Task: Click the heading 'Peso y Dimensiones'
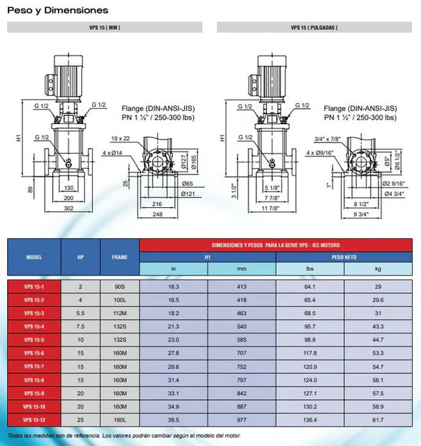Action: [57, 10]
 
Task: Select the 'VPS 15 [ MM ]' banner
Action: [104, 28]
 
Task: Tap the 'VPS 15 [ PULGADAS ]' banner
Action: [314, 28]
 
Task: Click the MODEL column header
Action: [34, 257]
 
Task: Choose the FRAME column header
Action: [120, 257]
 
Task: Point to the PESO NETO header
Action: [344, 257]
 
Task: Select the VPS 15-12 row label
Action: [33, 420]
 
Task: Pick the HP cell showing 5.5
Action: [80, 313]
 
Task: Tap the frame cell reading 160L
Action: [120, 420]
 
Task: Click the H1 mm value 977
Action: [241, 420]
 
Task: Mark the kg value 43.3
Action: [378, 326]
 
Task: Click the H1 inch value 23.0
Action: [173, 340]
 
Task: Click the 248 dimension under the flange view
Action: [156, 214]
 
